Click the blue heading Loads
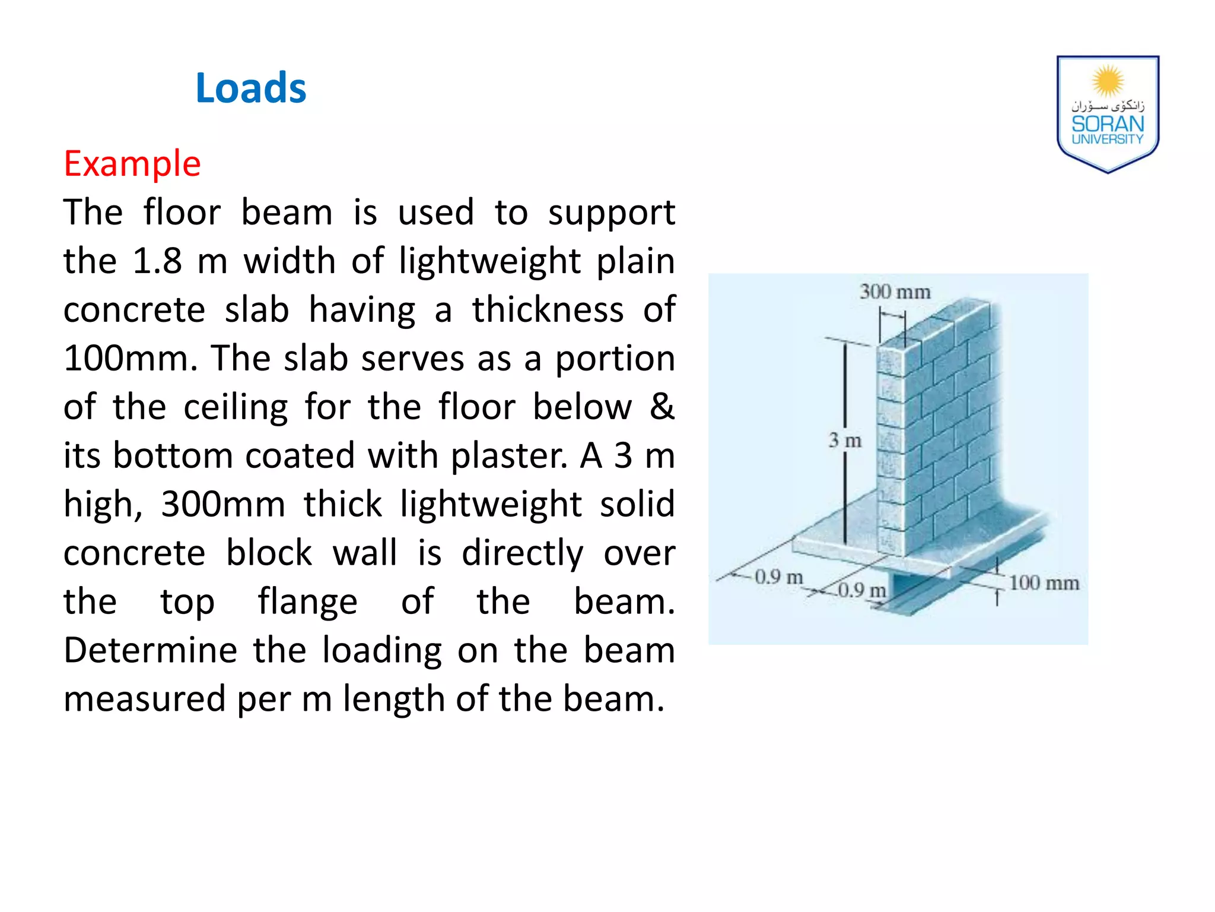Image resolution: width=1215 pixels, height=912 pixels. coord(250,88)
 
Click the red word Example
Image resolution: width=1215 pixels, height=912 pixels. coord(132,164)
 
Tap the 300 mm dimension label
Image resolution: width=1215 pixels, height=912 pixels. coord(895,292)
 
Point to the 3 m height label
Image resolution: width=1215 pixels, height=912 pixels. coord(845,441)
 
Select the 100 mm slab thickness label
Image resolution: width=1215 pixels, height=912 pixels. coord(1044,583)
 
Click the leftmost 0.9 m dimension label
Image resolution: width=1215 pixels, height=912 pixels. coord(778,577)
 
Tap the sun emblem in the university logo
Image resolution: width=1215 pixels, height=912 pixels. coord(1108,81)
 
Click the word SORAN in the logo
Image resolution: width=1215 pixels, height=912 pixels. coord(1108,124)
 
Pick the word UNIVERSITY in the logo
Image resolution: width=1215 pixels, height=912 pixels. coord(1108,140)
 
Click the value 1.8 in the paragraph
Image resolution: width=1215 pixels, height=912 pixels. coord(157,261)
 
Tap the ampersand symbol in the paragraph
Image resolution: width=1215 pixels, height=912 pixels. coord(662,407)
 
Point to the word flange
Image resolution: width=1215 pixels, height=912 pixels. coord(307,602)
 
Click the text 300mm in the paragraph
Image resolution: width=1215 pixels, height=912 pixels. coord(223,505)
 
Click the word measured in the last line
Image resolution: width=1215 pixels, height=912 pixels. coord(144,699)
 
